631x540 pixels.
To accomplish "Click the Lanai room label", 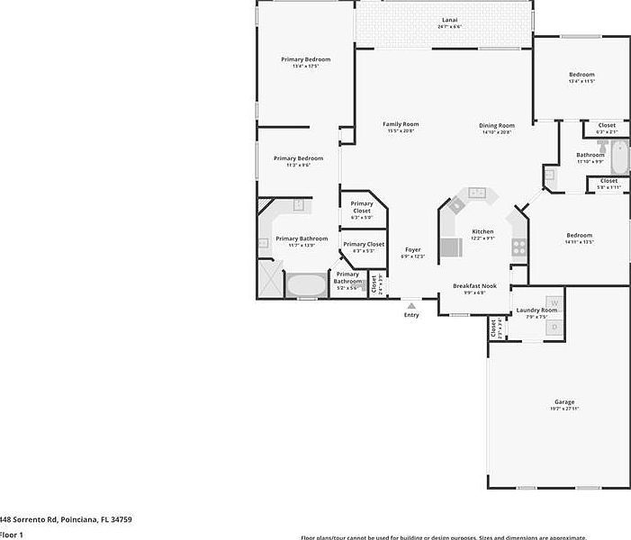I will tap(449, 20).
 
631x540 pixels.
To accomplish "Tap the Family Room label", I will tap(401, 124).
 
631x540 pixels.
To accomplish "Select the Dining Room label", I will tap(496, 125).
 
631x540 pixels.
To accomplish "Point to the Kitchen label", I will tap(483, 231).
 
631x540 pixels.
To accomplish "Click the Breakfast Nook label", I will tap(469, 285).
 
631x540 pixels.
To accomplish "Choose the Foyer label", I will tap(412, 249).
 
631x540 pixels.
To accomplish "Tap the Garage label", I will tap(564, 402).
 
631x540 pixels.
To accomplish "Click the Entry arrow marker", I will tap(411, 306).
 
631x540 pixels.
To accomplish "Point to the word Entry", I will tap(411, 315).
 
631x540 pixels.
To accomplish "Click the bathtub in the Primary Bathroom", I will tap(306, 286).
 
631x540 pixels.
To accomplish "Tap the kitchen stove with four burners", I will tap(518, 243).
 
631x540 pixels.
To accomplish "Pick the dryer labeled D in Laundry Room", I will tap(554, 326).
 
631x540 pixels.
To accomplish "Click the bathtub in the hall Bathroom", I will tap(620, 157).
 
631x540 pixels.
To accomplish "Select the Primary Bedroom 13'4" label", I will tap(305, 59).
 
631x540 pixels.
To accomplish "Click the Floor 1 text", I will tap(11, 535).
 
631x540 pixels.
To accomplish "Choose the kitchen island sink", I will tap(476, 193).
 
